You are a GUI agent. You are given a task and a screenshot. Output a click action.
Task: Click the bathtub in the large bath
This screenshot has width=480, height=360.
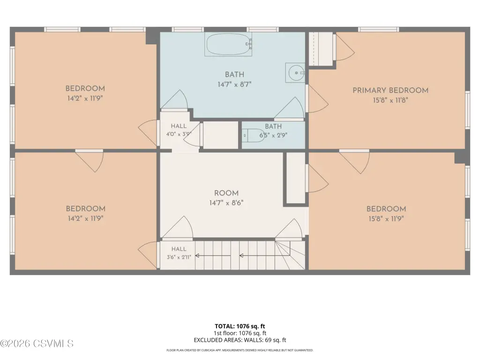pos(228,45)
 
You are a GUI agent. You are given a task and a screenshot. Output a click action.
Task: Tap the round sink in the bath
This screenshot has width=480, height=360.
pos(295,73)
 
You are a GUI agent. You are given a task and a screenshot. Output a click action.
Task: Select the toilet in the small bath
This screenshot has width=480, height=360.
pos(254,135)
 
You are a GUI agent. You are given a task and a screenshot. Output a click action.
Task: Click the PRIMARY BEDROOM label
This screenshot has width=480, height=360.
pos(390,90)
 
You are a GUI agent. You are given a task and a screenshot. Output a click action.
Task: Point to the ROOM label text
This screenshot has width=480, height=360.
pos(226,193)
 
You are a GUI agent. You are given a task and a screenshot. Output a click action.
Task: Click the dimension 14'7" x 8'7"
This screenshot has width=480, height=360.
pos(234,84)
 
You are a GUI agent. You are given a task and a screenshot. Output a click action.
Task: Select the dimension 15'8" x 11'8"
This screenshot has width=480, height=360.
pos(390,100)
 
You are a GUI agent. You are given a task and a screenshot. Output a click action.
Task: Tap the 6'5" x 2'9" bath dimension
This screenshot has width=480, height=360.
pos(273,135)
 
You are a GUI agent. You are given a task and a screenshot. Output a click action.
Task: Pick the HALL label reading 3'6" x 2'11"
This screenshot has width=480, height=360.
pos(179,253)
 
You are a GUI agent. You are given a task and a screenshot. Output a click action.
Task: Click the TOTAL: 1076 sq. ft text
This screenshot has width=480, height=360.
pos(240,326)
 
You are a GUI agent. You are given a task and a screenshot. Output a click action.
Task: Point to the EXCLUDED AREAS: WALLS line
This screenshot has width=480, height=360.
pos(240,340)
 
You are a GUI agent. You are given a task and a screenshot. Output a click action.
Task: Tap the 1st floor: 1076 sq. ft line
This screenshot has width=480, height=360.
pos(240,333)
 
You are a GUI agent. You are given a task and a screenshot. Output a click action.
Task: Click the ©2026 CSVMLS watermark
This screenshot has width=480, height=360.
pos(37,344)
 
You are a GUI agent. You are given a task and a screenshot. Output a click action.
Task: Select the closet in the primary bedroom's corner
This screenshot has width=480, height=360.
pos(321,49)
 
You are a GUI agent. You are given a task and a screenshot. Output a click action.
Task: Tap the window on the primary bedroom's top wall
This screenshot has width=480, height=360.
pos(379,30)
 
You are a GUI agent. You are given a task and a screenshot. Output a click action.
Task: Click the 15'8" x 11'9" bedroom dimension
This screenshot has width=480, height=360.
pos(386,218)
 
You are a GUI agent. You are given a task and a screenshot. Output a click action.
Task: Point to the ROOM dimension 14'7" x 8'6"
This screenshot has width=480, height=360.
pos(226,202)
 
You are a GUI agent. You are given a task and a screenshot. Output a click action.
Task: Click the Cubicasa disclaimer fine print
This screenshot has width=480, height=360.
pos(240,350)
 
